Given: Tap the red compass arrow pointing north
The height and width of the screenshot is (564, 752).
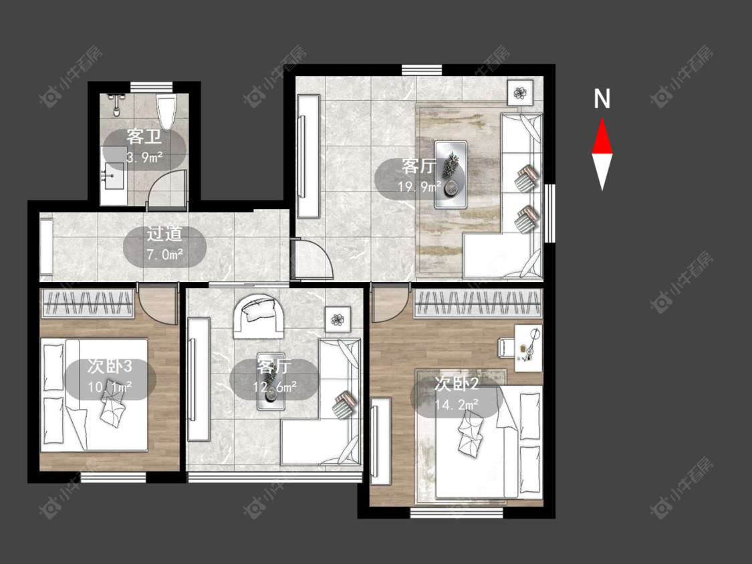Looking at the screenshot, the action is click(x=602, y=136).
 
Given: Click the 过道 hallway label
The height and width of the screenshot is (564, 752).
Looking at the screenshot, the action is click(x=164, y=234).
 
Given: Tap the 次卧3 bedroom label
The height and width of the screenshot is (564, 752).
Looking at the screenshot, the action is click(x=110, y=366).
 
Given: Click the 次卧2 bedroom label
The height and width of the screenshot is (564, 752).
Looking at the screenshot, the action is click(x=456, y=384).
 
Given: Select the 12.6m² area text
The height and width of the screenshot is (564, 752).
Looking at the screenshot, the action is click(x=274, y=386).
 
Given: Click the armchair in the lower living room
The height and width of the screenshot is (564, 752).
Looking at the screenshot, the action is click(x=258, y=316).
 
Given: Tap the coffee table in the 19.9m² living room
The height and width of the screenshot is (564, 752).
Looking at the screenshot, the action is click(x=451, y=174).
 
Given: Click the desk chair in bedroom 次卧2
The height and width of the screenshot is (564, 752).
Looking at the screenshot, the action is click(x=506, y=347).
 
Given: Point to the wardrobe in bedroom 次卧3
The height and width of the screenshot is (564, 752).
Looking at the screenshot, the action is click(x=88, y=303).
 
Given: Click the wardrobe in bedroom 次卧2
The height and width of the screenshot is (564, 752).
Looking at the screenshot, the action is click(x=479, y=303).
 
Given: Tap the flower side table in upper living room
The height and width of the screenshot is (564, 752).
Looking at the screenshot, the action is click(x=520, y=93).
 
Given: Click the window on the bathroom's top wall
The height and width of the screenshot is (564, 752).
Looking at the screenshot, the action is click(x=151, y=87).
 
